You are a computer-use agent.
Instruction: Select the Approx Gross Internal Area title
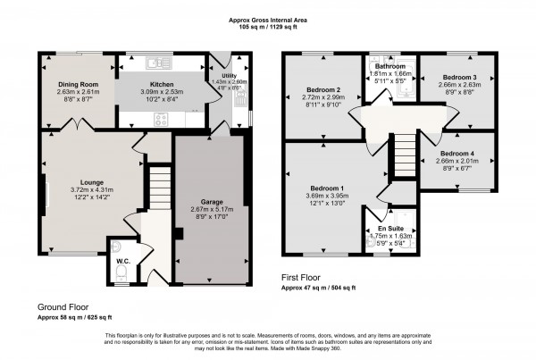click(x=292, y=18)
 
